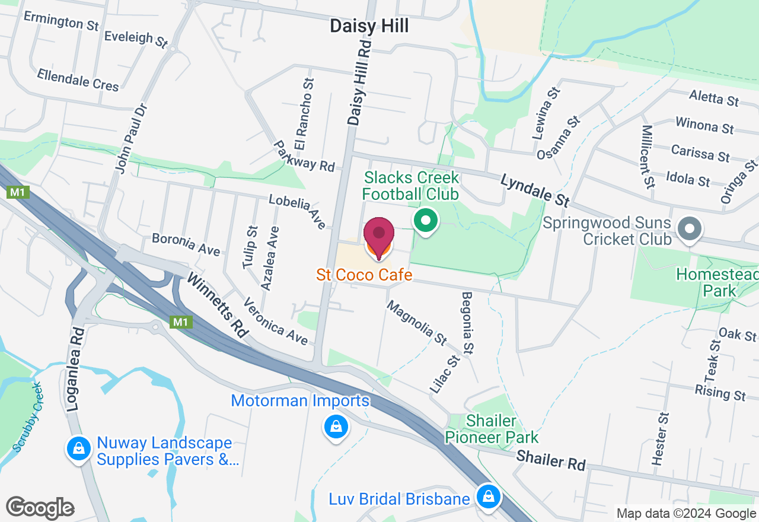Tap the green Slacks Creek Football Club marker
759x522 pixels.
coord(425,221)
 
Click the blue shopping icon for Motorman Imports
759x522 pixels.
coord(336,426)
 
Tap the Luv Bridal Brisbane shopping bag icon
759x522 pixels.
coord(488,496)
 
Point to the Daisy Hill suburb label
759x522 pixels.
coord(369,26)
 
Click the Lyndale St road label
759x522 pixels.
coord(535,190)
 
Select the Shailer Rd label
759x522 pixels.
coord(551,460)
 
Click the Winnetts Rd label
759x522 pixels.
coord(217,305)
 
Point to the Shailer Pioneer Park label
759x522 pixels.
coord(492,429)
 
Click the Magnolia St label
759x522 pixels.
coord(416,323)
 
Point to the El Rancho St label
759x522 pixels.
coord(304,114)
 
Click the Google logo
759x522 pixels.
coord(40,508)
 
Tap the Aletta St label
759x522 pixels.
coord(715,97)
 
